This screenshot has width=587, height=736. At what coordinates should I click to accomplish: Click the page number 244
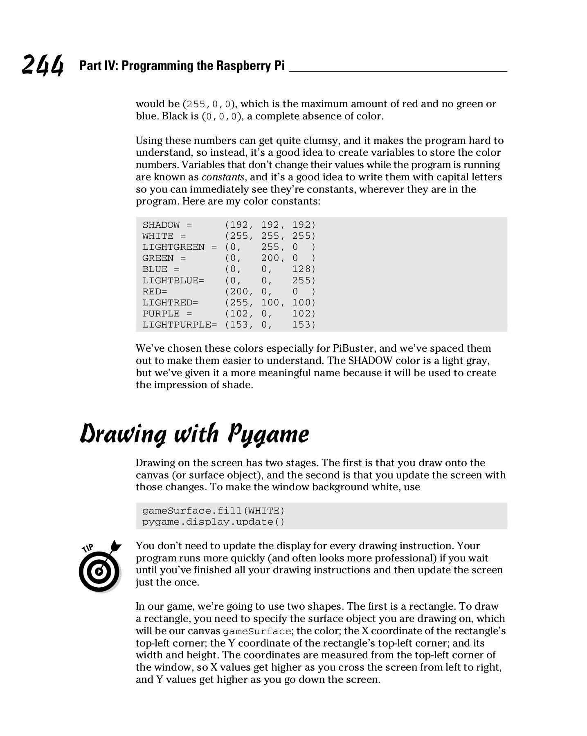pos(43,65)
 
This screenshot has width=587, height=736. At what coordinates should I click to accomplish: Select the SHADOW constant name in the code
pos(161,225)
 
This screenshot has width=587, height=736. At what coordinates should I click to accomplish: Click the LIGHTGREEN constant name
pos(173,247)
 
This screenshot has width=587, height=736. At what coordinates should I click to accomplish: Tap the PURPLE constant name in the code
pos(161,314)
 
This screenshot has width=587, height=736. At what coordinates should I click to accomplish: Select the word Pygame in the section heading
pos(268,434)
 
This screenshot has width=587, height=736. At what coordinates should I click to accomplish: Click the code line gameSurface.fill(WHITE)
pos(213,511)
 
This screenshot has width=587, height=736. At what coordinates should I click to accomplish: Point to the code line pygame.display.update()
pos(213,522)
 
